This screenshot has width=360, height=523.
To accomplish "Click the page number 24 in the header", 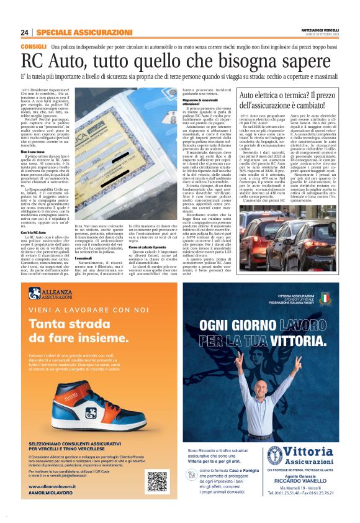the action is coord(25,32).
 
